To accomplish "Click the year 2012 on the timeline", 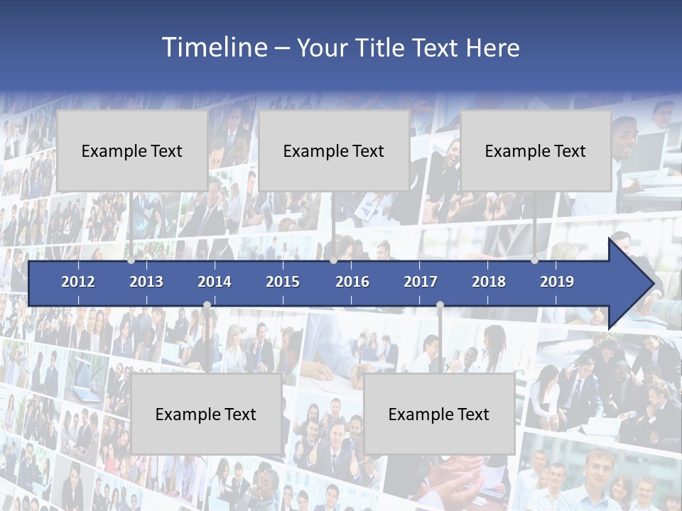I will (x=78, y=282).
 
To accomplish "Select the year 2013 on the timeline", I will (x=146, y=282).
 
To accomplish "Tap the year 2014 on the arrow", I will (x=215, y=282).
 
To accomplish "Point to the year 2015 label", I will (x=283, y=282).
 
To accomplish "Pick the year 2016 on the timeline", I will (x=352, y=282).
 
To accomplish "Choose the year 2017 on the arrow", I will (x=421, y=282).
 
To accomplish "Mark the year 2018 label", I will (x=489, y=282).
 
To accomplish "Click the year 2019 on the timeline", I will (x=557, y=282).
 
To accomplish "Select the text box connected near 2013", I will (x=132, y=150).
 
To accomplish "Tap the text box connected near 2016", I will (x=334, y=150).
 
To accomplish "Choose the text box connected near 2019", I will (x=536, y=150).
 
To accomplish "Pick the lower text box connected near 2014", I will (x=206, y=414).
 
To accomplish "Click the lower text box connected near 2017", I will (x=439, y=414).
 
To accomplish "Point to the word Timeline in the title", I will (x=214, y=47).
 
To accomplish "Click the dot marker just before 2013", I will (x=131, y=260).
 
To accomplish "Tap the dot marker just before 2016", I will (x=333, y=260).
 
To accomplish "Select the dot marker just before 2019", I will (x=534, y=260).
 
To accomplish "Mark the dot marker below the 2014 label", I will (x=207, y=304).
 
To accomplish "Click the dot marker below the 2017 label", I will (x=440, y=304).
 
